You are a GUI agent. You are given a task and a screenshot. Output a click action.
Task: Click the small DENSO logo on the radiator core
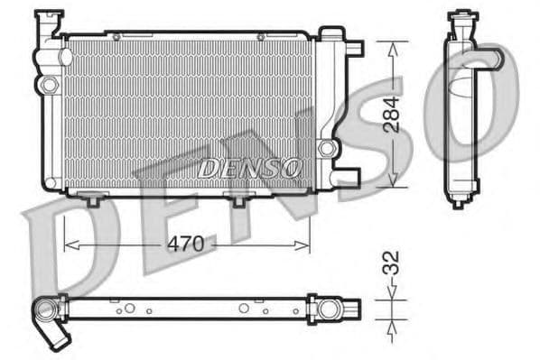(249, 167)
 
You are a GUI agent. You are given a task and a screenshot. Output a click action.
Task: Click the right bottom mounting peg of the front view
(238, 199)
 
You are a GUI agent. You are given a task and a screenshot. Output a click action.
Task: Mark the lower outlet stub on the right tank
(347, 173)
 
